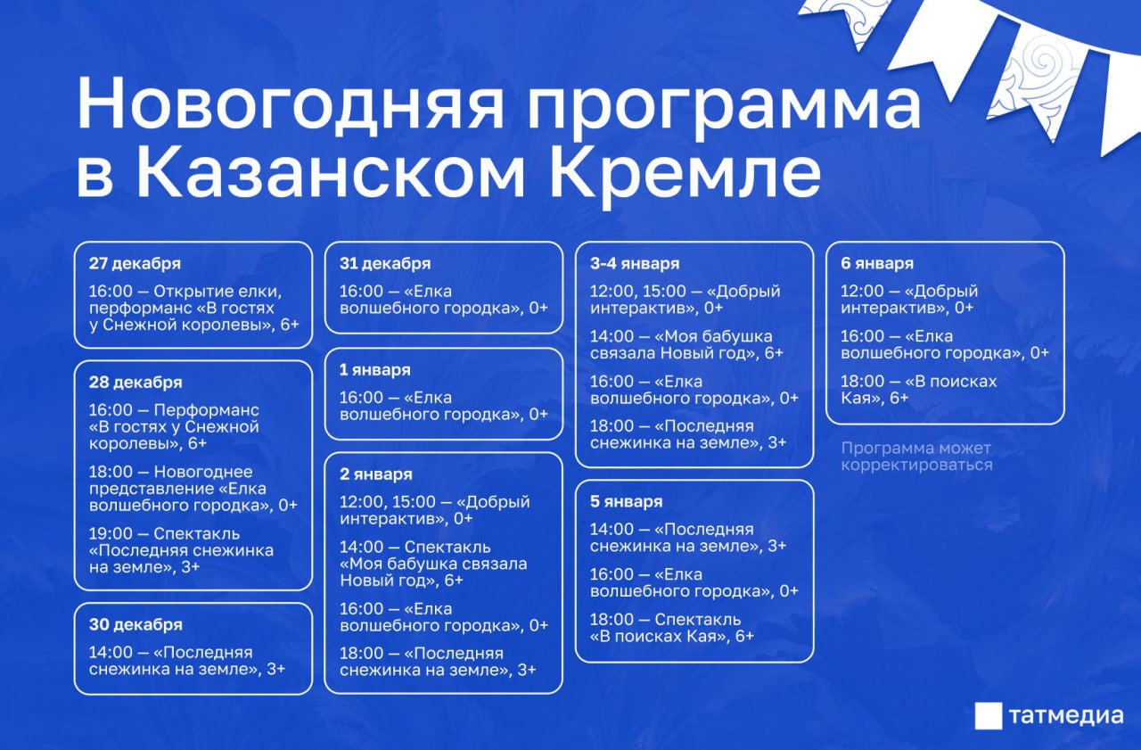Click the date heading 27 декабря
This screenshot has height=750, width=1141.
(135, 263)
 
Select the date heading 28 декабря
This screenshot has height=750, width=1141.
(135, 382)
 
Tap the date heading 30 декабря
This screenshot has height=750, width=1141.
(135, 624)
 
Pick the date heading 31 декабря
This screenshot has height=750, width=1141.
(385, 263)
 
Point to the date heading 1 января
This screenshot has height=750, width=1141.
(375, 370)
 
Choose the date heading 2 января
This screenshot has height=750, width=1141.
(376, 474)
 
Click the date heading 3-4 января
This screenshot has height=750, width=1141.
(635, 263)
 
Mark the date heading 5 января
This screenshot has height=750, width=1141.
(627, 501)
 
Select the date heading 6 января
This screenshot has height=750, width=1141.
(877, 263)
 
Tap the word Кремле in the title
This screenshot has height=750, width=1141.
(685, 173)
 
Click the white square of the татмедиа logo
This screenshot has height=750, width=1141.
(989, 716)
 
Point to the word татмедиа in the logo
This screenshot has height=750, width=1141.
(1066, 716)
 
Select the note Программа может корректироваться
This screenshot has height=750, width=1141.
(917, 457)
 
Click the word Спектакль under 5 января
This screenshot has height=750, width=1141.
(698, 620)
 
